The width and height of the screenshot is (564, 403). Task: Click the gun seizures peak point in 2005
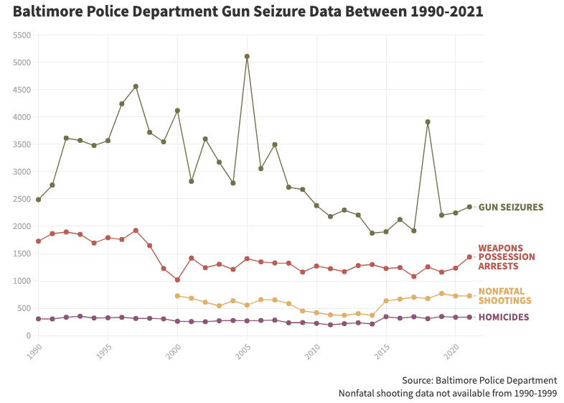pyautogui.click(x=247, y=56)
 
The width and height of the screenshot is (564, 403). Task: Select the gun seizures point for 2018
pyautogui.click(x=428, y=121)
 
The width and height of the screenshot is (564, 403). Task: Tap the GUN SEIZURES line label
pyautogui.click(x=510, y=207)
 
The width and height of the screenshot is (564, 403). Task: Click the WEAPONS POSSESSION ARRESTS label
pyautogui.click(x=507, y=257)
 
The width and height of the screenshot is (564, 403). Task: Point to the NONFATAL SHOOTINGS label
pyautogui.click(x=504, y=296)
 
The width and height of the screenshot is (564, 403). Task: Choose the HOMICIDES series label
pyautogui.click(x=504, y=318)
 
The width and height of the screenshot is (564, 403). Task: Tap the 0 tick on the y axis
pyautogui.click(x=28, y=335)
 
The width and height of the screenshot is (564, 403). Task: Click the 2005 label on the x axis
pyautogui.click(x=244, y=351)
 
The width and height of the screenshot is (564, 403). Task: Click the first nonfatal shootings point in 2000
pyautogui.click(x=177, y=296)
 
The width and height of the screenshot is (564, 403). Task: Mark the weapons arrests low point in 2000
pyautogui.click(x=177, y=280)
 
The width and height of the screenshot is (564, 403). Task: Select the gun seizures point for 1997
pyautogui.click(x=136, y=86)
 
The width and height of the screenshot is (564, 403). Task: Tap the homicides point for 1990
pyautogui.click(x=38, y=319)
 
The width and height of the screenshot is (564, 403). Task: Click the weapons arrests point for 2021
pyautogui.click(x=469, y=256)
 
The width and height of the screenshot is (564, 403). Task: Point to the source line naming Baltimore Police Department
pyautogui.click(x=479, y=380)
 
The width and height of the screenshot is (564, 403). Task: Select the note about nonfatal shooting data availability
pyautogui.click(x=448, y=393)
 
